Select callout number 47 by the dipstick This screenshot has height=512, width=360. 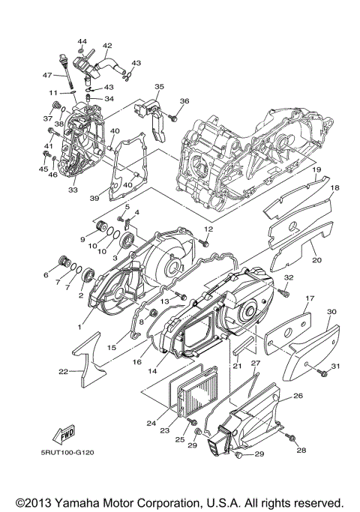pos(46,75)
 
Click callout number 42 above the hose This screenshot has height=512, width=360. pos(107,46)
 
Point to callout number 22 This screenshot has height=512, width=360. pos(64,371)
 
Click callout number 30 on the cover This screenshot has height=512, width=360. pos(331,313)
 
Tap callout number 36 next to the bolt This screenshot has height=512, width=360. pos(184,101)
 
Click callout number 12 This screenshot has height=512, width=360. pos(209,229)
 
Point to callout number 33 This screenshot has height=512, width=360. pos(73,190)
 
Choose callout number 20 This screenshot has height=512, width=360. pos(316,260)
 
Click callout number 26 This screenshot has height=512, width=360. pos(297,396)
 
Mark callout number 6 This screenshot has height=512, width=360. pos(46,275)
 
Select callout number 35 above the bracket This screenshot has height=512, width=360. pos(159,88)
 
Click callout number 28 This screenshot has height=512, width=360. pos(301,450)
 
